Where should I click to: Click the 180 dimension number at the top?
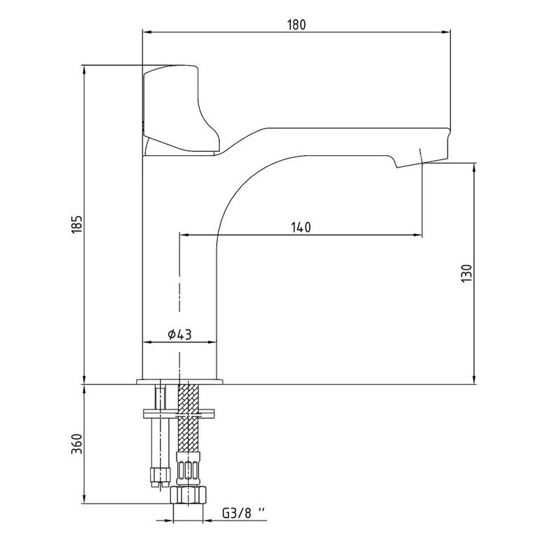[296, 24]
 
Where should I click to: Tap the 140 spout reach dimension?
[301, 227]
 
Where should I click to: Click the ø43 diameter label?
[179, 335]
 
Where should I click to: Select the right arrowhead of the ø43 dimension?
[213, 342]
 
